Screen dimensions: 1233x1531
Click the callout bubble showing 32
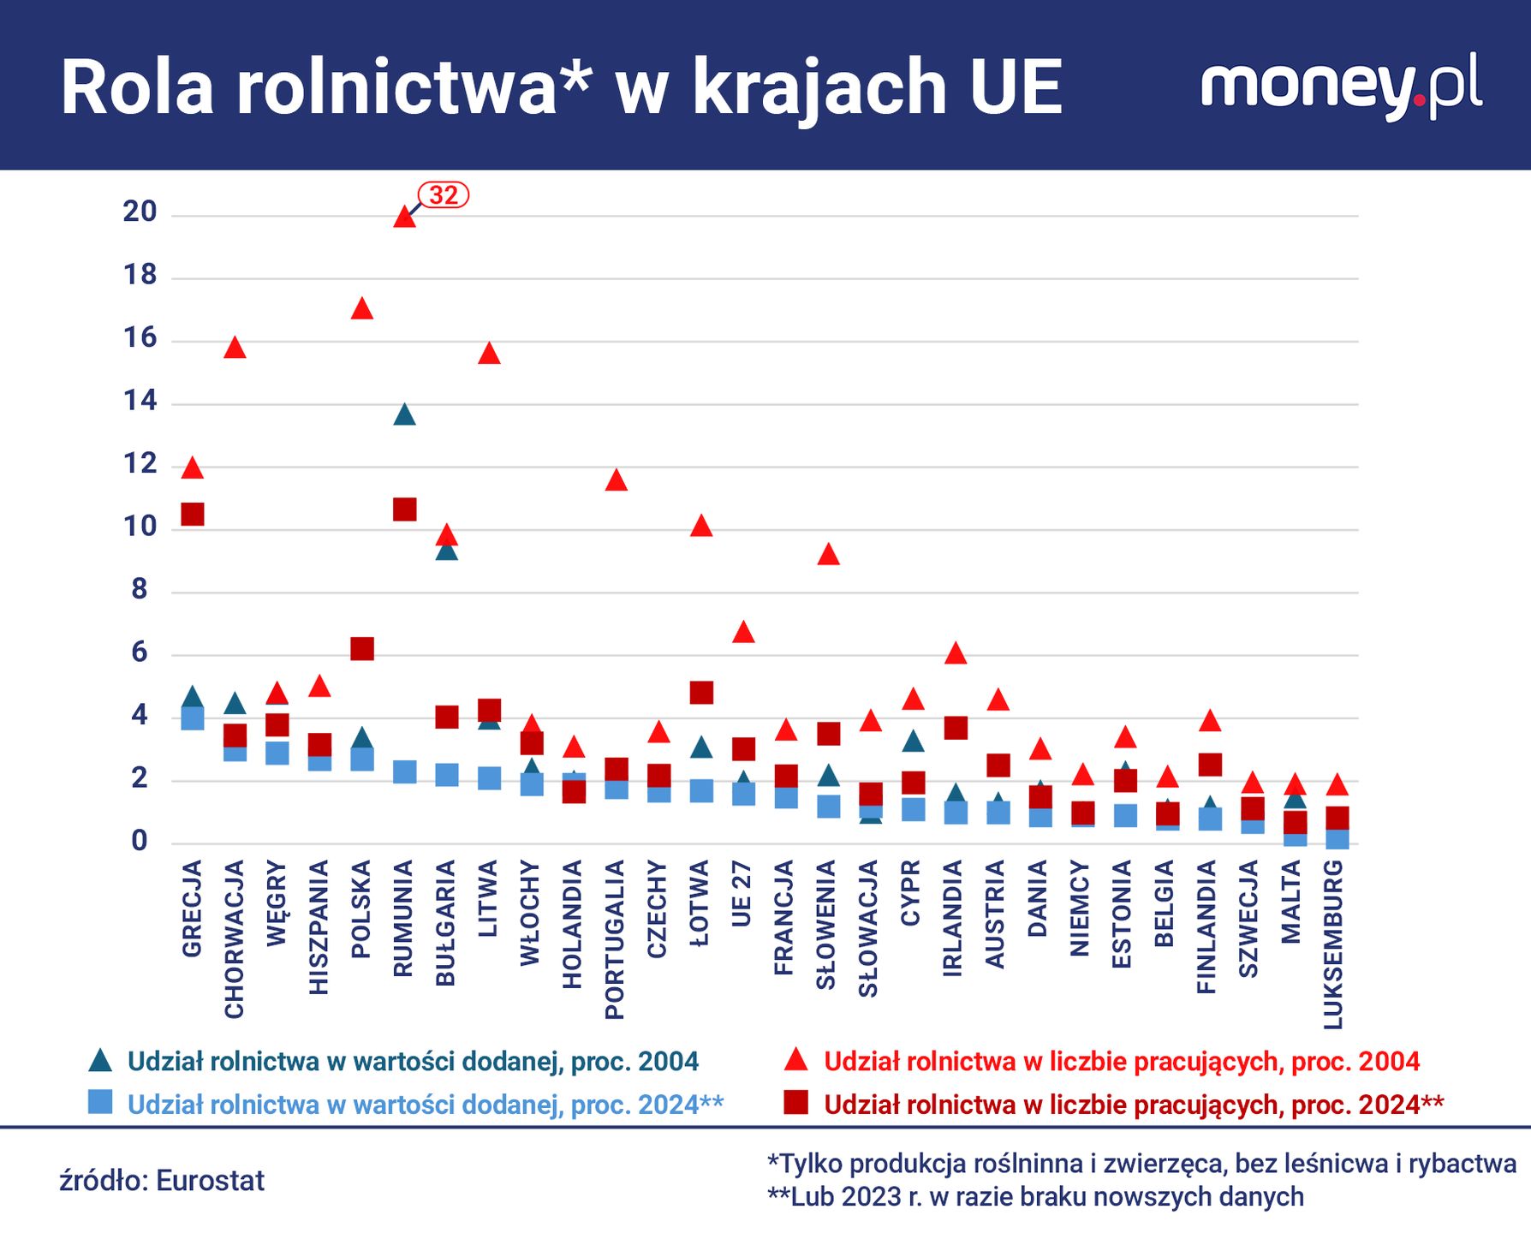[444, 195]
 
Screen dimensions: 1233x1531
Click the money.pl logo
[1341, 86]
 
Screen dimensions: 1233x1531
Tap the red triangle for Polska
[362, 309]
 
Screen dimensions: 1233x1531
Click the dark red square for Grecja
[193, 515]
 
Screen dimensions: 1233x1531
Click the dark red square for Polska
[362, 649]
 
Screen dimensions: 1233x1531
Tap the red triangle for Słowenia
[828, 555]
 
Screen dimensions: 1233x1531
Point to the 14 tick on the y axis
[140, 401]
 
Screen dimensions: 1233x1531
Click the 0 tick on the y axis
[140, 842]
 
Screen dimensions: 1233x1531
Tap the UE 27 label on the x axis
[742, 894]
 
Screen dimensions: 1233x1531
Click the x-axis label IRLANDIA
[953, 918]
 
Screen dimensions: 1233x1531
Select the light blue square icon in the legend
[100, 1102]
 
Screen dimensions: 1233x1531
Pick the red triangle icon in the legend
[796, 1061]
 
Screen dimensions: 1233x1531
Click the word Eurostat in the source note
[211, 1181]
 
